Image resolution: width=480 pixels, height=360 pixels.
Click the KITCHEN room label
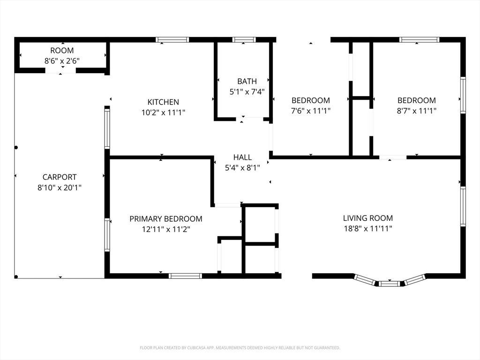coord(163,102)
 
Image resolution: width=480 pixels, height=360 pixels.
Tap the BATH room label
coord(247,81)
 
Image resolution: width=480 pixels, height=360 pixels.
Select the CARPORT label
coord(60,177)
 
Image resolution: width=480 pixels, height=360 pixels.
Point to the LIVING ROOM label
coord(367,218)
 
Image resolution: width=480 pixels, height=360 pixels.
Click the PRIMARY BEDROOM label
coord(166,219)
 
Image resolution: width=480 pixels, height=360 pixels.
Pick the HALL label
coord(242,157)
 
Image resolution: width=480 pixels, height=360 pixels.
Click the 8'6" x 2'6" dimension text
coord(62,61)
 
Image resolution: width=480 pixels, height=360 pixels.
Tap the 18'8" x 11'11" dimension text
coord(368,228)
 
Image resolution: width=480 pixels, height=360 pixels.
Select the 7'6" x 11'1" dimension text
coord(311,111)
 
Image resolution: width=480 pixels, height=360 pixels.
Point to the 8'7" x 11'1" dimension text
coord(417,111)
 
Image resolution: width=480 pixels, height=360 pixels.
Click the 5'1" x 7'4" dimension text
coord(247,91)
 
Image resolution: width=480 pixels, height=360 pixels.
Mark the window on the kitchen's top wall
coord(172,40)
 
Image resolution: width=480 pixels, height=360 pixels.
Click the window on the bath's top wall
coord(244,40)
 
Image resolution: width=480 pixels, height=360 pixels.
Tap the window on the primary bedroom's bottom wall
coord(186,276)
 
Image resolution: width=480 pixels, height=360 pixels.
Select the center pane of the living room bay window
coord(390,284)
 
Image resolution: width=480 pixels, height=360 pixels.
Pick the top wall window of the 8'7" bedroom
coord(419,40)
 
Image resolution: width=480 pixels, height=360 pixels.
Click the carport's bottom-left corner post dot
coord(16,277)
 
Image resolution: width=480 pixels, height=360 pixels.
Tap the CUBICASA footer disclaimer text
coord(240,348)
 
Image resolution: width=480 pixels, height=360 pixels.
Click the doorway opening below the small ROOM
coord(60,71)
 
